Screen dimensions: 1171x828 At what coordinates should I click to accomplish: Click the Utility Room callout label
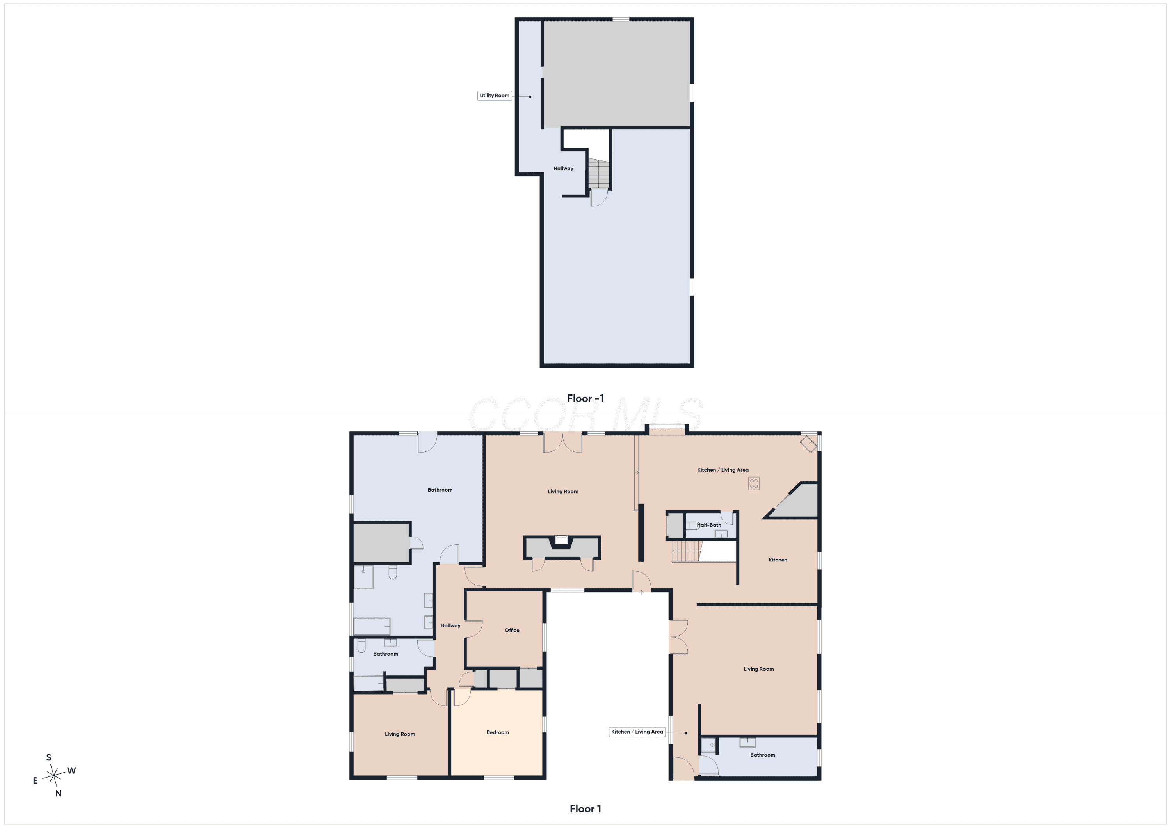click(x=494, y=95)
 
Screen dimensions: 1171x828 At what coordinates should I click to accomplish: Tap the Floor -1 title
click(x=585, y=398)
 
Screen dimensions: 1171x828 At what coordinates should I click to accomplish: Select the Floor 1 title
click(x=585, y=808)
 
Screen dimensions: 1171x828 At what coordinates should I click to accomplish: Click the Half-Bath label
click(x=709, y=525)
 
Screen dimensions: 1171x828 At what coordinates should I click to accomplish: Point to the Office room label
click(x=512, y=630)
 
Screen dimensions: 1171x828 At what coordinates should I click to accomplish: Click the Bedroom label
click(x=497, y=732)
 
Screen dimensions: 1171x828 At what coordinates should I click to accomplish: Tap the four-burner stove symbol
click(x=754, y=483)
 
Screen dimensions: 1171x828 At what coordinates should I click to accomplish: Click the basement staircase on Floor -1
click(x=598, y=174)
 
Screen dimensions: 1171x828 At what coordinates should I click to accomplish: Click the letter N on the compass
click(x=58, y=793)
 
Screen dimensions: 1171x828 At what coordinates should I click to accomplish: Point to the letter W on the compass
click(x=71, y=770)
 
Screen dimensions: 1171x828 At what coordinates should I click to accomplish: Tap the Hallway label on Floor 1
click(x=450, y=625)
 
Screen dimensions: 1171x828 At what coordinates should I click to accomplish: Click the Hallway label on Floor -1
click(x=563, y=168)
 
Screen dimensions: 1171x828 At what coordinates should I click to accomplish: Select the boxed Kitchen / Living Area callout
click(x=637, y=732)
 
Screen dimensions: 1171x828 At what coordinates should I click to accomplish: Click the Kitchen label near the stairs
click(x=778, y=560)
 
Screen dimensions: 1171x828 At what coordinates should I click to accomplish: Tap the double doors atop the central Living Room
click(x=562, y=442)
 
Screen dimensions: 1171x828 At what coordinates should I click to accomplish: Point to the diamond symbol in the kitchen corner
click(x=809, y=444)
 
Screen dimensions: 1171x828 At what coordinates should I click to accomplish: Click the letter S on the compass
click(x=49, y=757)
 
